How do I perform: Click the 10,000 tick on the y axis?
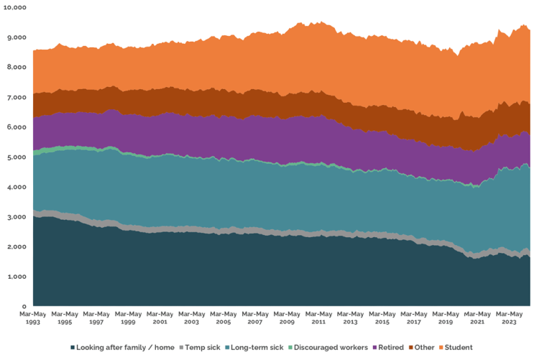pyautogui.click(x=15, y=6)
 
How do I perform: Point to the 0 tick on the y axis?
pyautogui.click(x=24, y=306)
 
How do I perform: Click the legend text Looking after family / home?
pyautogui.click(x=118, y=347)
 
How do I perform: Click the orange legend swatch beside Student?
pyautogui.click(x=444, y=347)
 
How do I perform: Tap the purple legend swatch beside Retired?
pyautogui.click(x=374, y=347)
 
